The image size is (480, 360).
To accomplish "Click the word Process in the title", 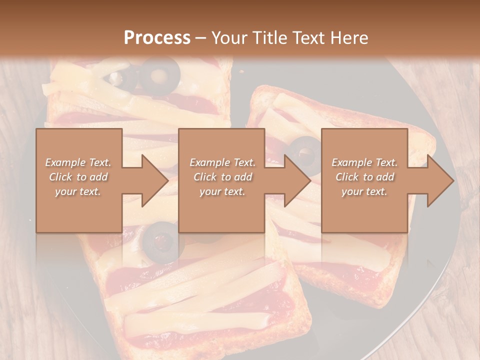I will [157, 38].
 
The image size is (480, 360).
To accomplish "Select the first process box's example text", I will [78, 177].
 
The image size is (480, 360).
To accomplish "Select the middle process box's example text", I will [222, 177].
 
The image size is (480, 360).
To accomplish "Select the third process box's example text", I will [364, 177].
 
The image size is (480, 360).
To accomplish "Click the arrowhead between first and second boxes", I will [155, 180].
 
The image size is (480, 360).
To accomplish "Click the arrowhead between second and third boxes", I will [297, 180].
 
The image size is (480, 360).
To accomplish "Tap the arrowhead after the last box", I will [440, 180].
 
